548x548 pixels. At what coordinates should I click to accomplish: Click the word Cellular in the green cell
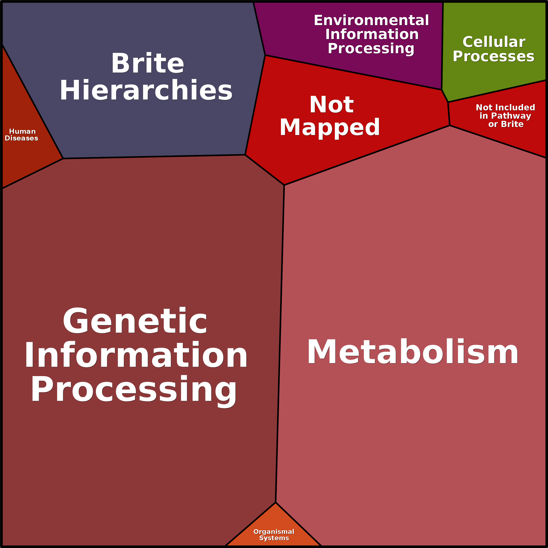(x=494, y=42)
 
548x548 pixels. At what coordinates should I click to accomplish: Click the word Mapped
(x=330, y=127)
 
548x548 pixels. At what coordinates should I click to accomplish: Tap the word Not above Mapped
(x=332, y=104)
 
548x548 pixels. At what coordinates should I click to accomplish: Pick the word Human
(x=22, y=131)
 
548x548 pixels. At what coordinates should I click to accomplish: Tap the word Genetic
(x=135, y=321)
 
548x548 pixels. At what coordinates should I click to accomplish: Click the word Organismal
(x=274, y=532)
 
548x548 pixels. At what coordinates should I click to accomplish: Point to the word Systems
(x=274, y=538)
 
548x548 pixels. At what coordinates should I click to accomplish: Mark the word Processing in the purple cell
(x=371, y=48)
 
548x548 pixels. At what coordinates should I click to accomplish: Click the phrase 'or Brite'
(x=506, y=124)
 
